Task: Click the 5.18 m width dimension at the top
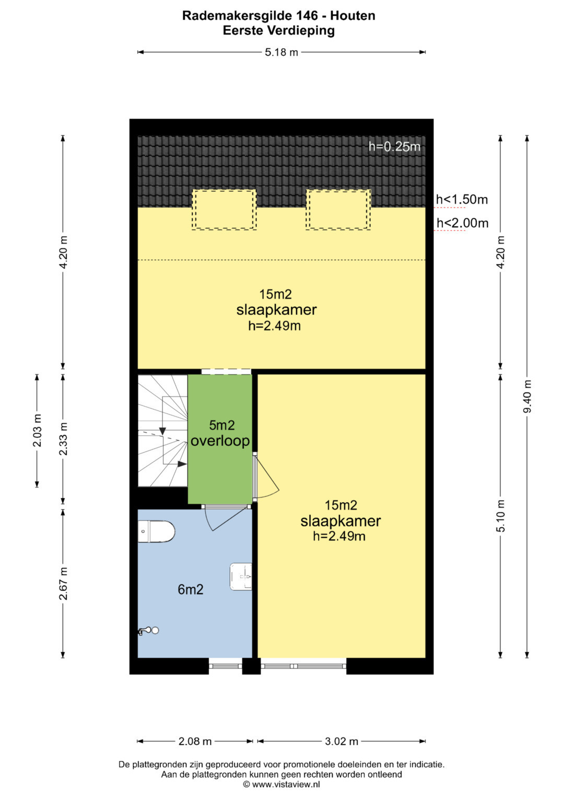(281, 52)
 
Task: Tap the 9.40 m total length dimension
(527, 396)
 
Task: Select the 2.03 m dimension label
(38, 430)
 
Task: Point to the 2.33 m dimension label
(63, 439)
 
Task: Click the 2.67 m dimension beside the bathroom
(63, 583)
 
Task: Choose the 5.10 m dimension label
(501, 515)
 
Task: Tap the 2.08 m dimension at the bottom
(195, 742)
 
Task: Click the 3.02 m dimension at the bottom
(342, 742)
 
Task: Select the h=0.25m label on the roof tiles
(394, 146)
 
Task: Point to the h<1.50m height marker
(462, 200)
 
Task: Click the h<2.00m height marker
(463, 223)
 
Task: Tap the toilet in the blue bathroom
(156, 531)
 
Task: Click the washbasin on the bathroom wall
(241, 576)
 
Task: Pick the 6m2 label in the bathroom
(191, 589)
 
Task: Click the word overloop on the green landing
(220, 441)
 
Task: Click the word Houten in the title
(353, 16)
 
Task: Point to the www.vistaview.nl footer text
(286, 784)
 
